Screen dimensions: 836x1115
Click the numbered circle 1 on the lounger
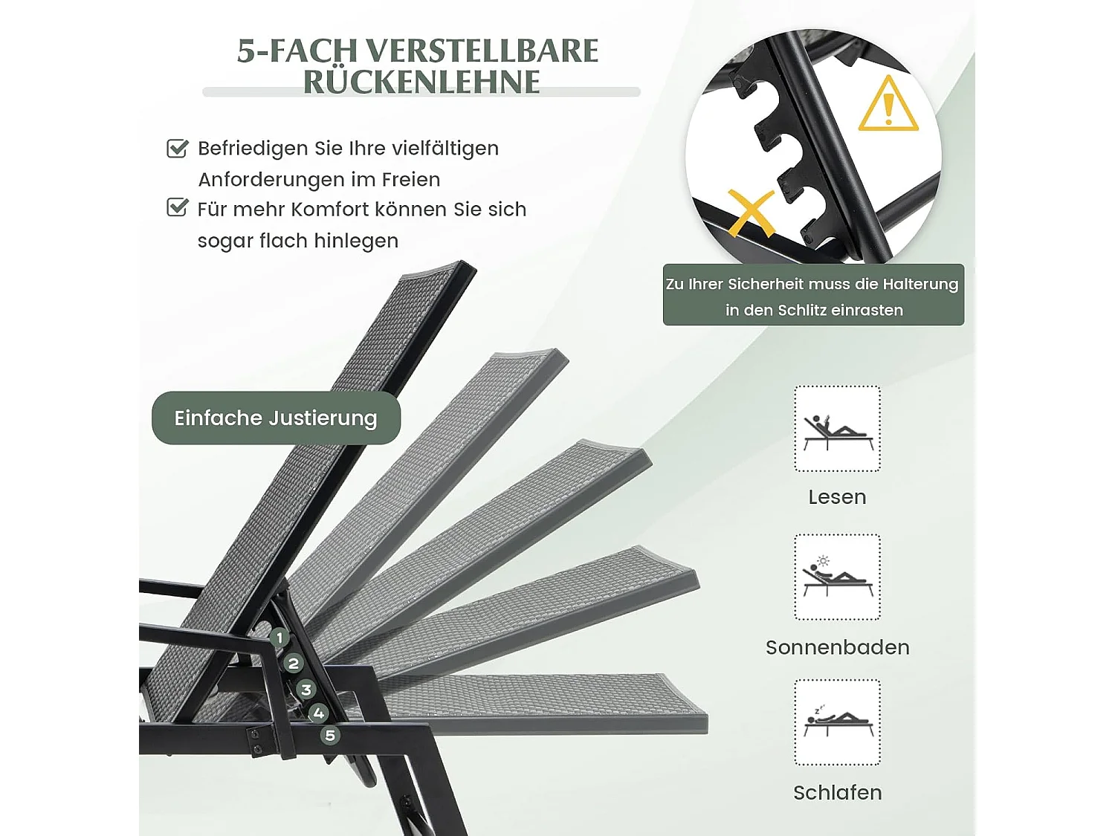[279, 637]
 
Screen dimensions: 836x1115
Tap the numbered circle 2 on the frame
[293, 663]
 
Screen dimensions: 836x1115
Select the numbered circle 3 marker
[306, 690]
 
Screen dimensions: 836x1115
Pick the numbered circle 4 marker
[318, 713]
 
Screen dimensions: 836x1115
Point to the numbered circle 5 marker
[330, 735]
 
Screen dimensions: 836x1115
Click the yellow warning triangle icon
[888, 106]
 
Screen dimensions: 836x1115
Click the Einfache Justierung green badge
[276, 418]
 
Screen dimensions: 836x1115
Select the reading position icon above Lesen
[837, 429]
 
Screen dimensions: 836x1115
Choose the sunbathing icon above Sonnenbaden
[837, 577]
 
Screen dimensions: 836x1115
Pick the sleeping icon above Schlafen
[837, 722]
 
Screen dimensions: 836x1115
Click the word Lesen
[837, 497]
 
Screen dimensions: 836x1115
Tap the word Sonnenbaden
[837, 647]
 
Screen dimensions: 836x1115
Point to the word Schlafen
[837, 793]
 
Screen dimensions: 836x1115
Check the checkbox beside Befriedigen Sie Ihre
[177, 149]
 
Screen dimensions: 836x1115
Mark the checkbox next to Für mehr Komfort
[177, 207]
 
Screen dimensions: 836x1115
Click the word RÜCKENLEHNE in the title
[421, 82]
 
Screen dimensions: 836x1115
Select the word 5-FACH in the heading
[297, 51]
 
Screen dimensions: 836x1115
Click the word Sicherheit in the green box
[766, 284]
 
